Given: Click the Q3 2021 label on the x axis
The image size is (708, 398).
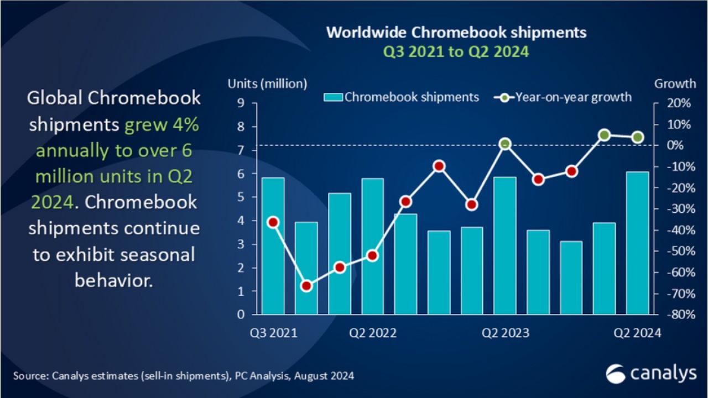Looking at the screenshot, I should tap(273, 333).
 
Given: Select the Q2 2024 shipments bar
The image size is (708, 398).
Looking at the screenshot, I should tap(637, 243).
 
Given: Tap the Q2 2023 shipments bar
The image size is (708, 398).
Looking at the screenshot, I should tap(505, 245).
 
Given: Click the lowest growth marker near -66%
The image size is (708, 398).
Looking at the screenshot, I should tap(306, 286).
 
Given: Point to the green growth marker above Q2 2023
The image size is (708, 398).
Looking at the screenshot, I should tap(504, 144).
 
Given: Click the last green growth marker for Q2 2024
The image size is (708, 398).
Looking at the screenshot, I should tap(637, 138).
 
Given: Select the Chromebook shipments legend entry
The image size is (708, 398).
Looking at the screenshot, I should tap(402, 97).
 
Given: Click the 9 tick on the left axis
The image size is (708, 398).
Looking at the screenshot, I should tap(241, 103).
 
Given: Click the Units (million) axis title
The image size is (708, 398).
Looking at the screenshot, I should tap(267, 84).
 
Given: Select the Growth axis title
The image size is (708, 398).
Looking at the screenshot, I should tap(675, 84).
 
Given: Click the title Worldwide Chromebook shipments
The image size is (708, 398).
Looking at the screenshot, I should tap(456, 32).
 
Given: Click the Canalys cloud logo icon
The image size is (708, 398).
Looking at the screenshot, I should tap(616, 374).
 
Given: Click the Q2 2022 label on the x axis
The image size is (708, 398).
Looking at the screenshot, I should tap(372, 333).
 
